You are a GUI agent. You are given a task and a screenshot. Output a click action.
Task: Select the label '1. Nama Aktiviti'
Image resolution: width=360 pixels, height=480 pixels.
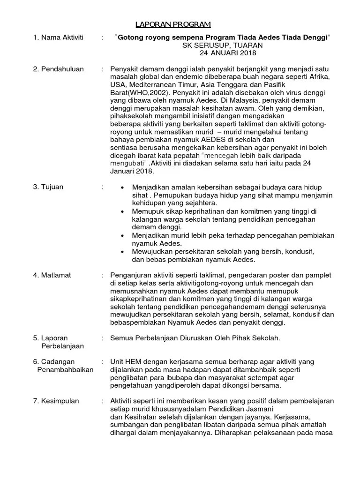(x=58, y=37)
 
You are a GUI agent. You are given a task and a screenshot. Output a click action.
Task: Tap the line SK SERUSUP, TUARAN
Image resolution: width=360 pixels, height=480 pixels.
(x=222, y=45)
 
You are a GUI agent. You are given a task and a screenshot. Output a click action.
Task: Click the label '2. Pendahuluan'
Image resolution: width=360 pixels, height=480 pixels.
(x=58, y=69)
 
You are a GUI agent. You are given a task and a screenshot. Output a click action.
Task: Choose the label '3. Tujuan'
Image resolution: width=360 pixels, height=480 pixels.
(x=48, y=187)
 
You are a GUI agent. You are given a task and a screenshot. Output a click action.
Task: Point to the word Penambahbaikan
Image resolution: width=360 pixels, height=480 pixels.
(x=65, y=370)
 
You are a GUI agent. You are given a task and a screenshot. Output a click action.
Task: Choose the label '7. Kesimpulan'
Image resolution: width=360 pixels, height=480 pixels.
(x=56, y=401)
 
